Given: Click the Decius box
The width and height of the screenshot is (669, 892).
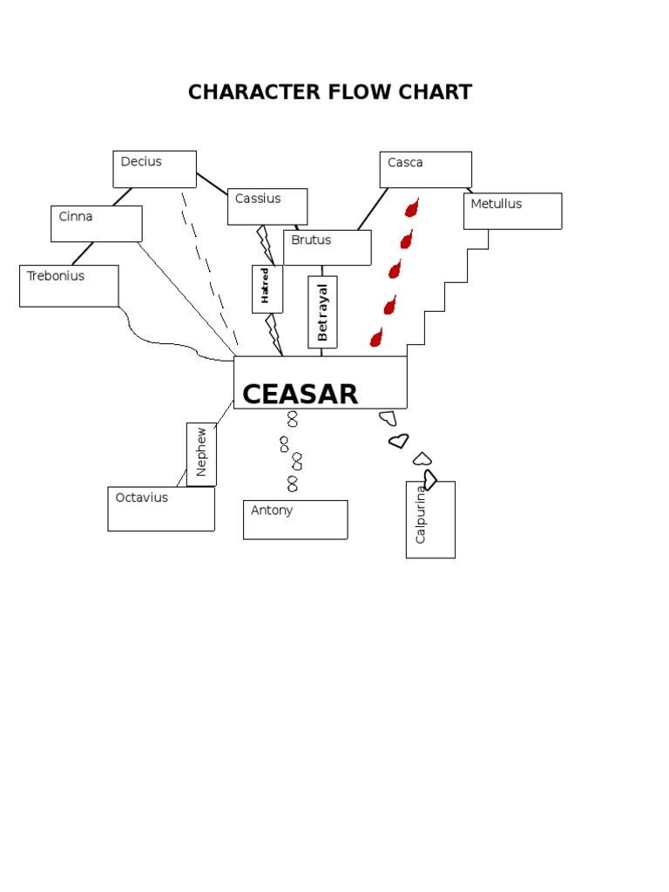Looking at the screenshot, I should [x=154, y=169].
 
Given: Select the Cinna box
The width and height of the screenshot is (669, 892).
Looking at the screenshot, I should [x=96, y=224].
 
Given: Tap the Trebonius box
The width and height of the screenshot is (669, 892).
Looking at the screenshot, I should [x=69, y=286].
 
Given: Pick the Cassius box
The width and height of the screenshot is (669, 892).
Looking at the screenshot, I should [x=267, y=206].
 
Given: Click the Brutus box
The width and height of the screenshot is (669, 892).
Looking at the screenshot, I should [x=327, y=247].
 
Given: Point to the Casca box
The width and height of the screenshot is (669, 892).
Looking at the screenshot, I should [x=425, y=170].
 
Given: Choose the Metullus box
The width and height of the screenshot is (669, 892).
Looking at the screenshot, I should [x=512, y=211].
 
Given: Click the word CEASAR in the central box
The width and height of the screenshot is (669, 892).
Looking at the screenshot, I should [x=300, y=395].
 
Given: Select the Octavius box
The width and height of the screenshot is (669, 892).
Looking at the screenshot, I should [x=161, y=509].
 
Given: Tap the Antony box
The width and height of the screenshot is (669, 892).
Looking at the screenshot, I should [x=295, y=520].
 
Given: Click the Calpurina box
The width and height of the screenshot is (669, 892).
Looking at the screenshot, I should [x=430, y=520].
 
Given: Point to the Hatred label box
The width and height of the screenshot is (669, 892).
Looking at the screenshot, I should [x=267, y=288].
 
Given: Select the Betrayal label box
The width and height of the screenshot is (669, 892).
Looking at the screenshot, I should [x=322, y=312].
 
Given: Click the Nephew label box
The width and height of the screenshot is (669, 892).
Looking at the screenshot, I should [x=201, y=454].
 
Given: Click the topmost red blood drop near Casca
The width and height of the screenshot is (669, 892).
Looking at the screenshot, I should [x=412, y=208].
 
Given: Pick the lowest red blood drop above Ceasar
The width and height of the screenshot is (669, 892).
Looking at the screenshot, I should [x=376, y=337].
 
